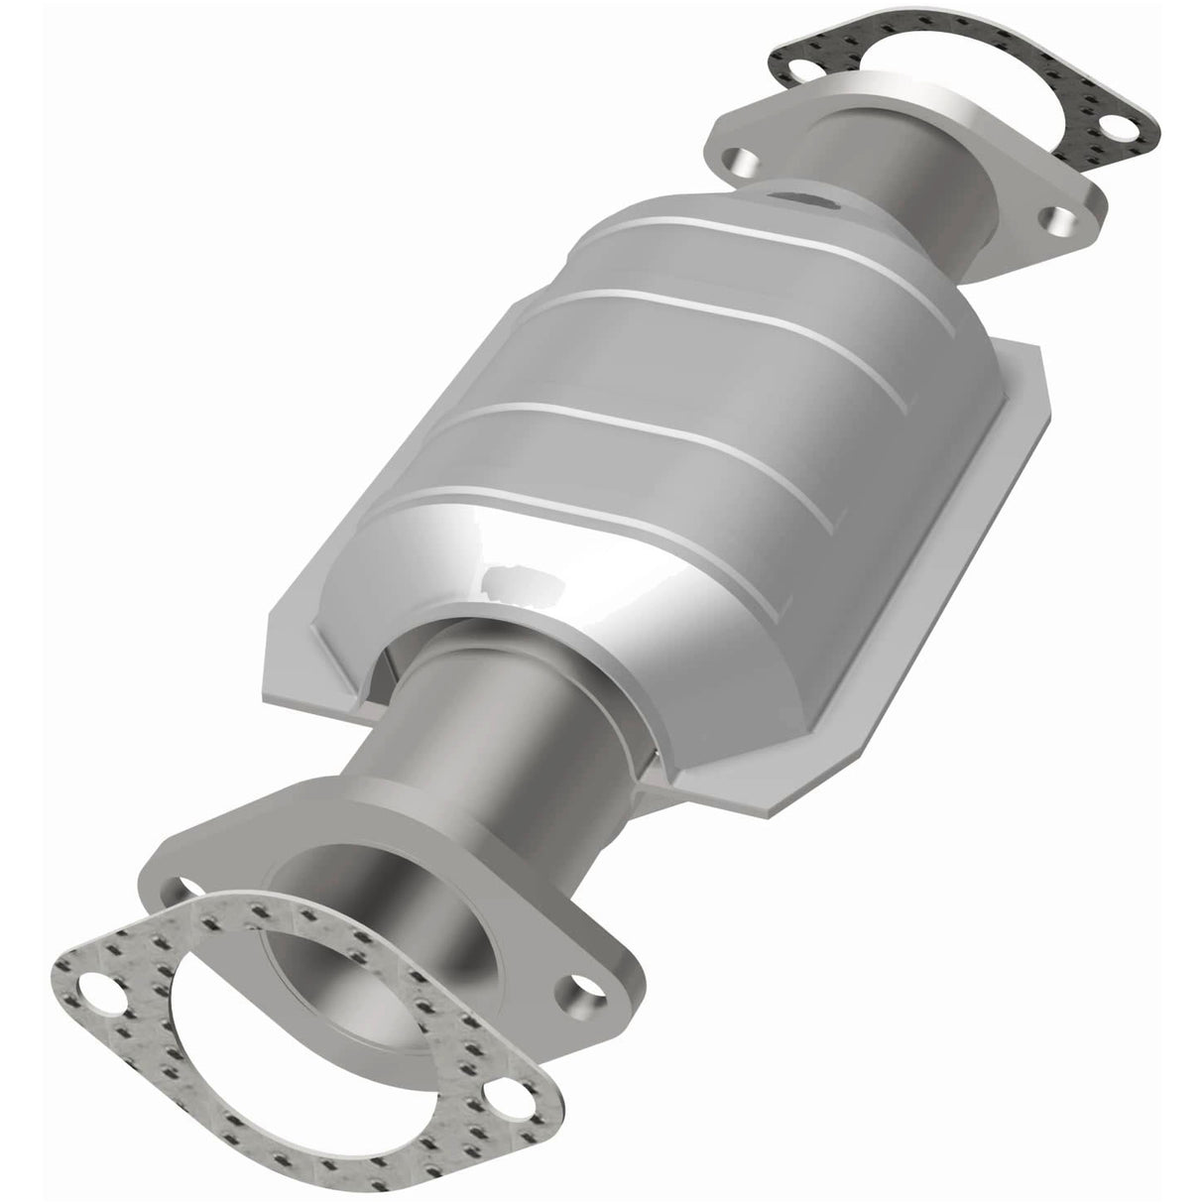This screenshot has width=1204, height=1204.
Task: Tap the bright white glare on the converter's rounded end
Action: (x=526, y=580)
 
